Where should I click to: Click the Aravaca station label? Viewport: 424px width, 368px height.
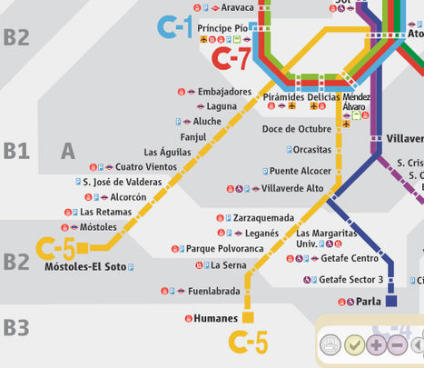[238, 7]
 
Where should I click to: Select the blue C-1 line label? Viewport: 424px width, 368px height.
[174, 27]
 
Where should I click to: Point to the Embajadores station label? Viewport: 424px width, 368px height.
[224, 93]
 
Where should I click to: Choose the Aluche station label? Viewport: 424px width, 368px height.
[207, 121]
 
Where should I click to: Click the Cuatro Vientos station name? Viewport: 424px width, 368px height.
[146, 166]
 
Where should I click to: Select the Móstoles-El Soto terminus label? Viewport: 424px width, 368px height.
[85, 267]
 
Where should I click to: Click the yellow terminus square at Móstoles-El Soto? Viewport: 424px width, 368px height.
[83, 247]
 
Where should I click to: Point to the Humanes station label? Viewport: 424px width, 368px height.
[216, 318]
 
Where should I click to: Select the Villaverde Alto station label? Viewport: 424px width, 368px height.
[292, 189]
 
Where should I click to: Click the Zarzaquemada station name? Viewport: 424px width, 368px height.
[263, 218]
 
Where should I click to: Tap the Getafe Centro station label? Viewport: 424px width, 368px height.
[350, 258]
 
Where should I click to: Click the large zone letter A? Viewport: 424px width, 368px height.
[68, 152]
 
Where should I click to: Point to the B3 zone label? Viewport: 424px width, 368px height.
[15, 327]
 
